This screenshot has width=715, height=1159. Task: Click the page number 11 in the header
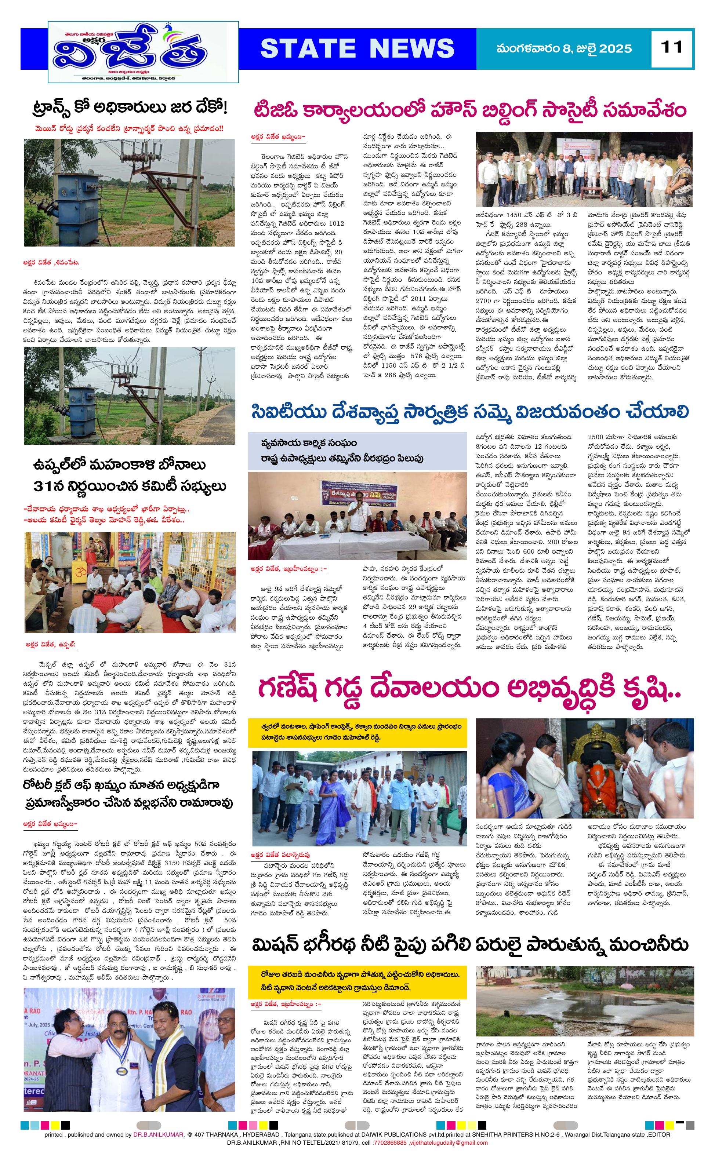pos(672,48)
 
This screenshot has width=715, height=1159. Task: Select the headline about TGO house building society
pos(469,110)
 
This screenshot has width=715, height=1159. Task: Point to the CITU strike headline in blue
pos(469,411)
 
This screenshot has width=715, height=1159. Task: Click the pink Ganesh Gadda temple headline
pos(469,690)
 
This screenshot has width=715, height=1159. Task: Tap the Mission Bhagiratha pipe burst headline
pos(469,945)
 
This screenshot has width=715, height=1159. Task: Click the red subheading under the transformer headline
pos(128,128)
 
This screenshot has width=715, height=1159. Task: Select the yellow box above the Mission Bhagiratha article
pos(357,981)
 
